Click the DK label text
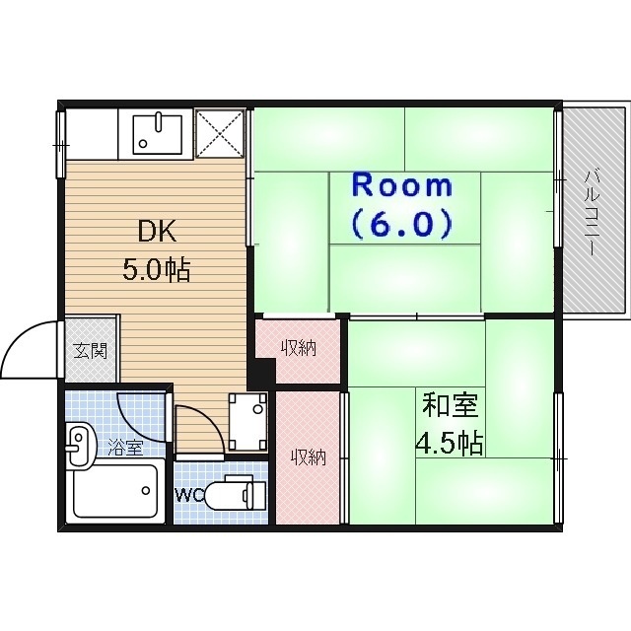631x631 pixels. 156,232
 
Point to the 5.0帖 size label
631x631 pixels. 156,268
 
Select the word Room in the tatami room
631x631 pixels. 401,185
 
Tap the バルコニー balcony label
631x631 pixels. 593,211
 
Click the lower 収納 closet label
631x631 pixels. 308,457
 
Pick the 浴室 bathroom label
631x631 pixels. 125,448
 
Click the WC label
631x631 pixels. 189,494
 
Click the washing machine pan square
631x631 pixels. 247,413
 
